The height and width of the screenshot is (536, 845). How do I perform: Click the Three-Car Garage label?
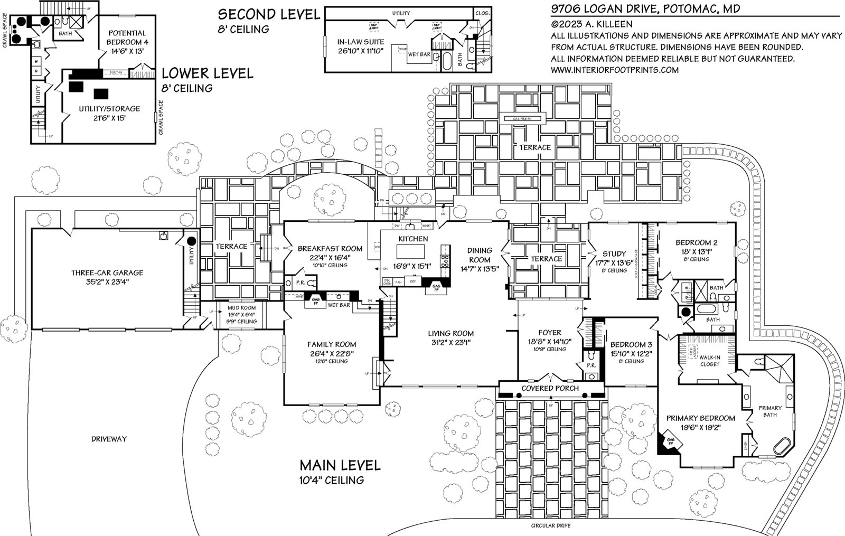pos(107,273)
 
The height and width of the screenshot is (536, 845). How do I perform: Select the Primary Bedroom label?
pos(700,418)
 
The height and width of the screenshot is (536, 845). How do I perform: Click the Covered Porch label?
pos(550,388)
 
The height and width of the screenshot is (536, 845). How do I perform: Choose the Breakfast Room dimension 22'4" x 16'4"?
pos(330,257)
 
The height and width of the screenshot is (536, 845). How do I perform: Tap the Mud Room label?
pos(241,307)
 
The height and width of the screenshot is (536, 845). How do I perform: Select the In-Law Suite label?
pos(361,42)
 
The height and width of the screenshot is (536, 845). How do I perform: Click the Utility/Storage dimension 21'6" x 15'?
pos(102,118)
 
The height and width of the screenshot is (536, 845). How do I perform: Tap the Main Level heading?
pos(340,465)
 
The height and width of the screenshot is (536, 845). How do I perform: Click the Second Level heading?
pos(269,14)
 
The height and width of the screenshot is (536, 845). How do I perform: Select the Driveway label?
pos(109,439)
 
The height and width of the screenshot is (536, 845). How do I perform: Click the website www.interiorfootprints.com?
pos(614,70)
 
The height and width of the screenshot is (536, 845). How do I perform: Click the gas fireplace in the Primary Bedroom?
pos(668,441)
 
